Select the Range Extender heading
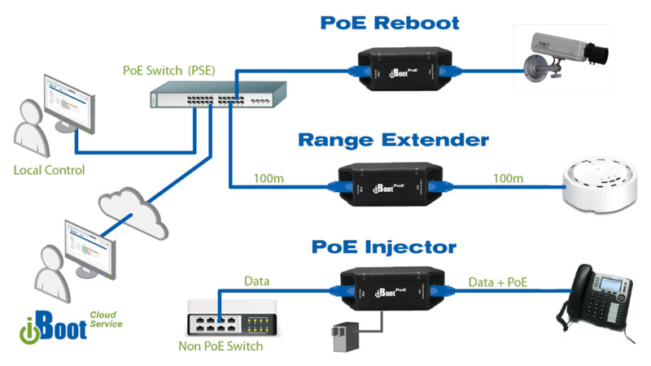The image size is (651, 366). (x=393, y=139)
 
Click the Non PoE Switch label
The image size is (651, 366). (x=221, y=346)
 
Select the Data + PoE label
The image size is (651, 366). (x=499, y=281)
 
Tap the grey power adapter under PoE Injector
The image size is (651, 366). (x=339, y=334)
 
